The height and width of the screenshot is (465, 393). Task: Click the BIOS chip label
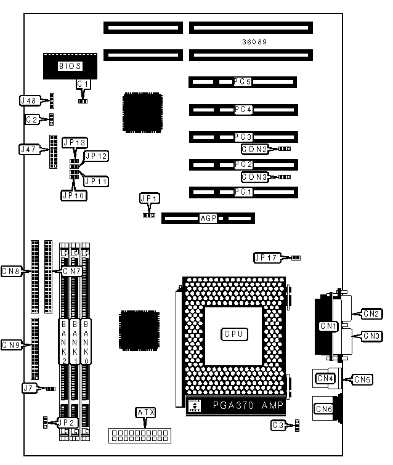pos(70,66)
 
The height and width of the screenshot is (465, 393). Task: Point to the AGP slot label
pos(209,218)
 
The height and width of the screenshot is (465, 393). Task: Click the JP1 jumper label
pos(149,198)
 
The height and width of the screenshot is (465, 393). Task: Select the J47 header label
pos(30,149)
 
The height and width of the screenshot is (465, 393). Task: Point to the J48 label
pos(30,100)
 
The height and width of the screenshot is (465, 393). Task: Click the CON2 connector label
pos(254,148)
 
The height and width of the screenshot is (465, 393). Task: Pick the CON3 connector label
pos(254,177)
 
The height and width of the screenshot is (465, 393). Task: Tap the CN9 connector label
pos(12,344)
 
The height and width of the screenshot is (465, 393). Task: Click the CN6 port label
pos(324,408)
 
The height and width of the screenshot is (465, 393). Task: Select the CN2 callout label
pos(371,313)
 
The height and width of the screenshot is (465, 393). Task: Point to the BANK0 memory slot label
pos(87,342)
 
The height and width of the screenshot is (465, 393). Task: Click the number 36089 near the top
pos(255,42)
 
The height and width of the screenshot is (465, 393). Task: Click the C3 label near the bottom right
pos(278,424)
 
